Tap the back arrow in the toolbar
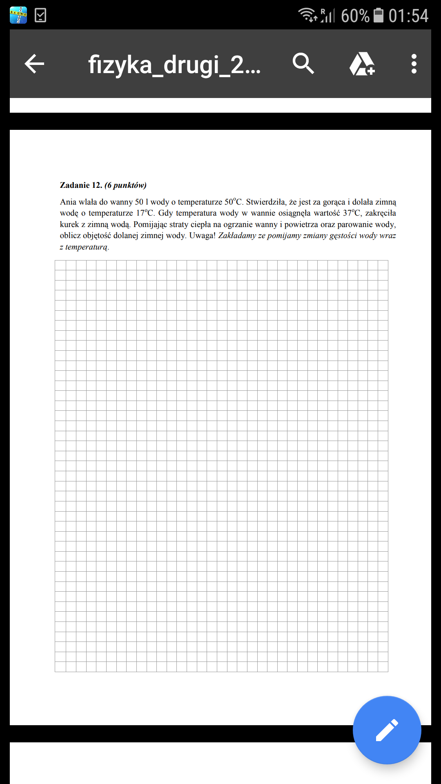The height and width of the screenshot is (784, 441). tap(34, 64)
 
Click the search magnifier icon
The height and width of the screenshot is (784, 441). tap(303, 64)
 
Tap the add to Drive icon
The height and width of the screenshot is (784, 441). tap(362, 64)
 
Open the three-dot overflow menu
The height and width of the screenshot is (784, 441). tap(414, 64)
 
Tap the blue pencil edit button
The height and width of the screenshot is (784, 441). tap(387, 730)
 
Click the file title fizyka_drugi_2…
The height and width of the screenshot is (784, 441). tap(174, 65)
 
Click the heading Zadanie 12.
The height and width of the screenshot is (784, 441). tap(81, 185)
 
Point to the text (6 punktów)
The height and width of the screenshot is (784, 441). tap(125, 185)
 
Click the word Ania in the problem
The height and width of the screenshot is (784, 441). tap(68, 202)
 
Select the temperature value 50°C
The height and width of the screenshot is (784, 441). tap(233, 202)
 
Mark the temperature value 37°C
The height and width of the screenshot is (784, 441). tap(352, 213)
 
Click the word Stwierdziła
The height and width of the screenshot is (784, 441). tap(266, 202)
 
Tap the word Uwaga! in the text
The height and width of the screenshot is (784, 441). tap(202, 236)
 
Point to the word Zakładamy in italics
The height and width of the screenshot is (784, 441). tap(237, 236)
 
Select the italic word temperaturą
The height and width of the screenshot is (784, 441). tap(87, 247)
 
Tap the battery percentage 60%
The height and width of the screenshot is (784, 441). tap(355, 16)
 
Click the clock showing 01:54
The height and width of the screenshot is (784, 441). tap(408, 16)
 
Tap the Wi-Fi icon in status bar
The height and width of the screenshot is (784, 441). tap(307, 15)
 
